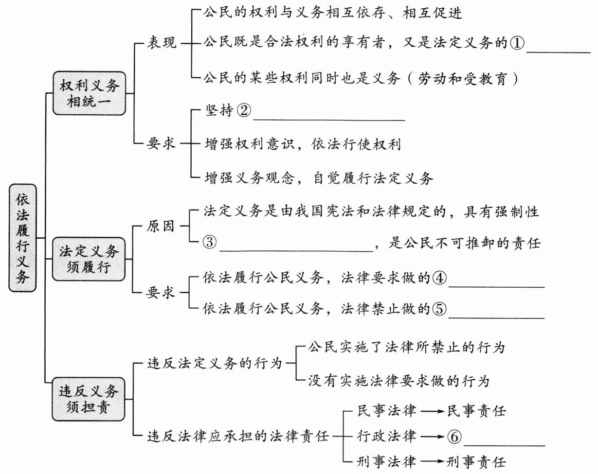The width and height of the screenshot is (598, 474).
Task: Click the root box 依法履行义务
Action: (x=22, y=238)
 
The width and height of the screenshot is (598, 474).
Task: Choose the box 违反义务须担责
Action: (x=89, y=398)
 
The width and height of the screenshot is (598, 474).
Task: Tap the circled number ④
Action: (x=439, y=278)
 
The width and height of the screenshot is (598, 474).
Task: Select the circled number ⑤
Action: (x=439, y=308)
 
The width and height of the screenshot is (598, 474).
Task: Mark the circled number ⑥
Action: (x=453, y=437)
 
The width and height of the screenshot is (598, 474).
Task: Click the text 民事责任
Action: (x=477, y=411)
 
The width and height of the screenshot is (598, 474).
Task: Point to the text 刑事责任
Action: (x=477, y=460)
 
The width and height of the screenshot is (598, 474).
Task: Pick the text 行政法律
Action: (x=387, y=436)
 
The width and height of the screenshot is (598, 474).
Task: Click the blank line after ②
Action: (x=329, y=119)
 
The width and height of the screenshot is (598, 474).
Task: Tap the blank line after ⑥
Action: (x=504, y=444)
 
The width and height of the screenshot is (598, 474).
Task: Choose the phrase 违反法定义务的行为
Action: (x=215, y=363)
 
